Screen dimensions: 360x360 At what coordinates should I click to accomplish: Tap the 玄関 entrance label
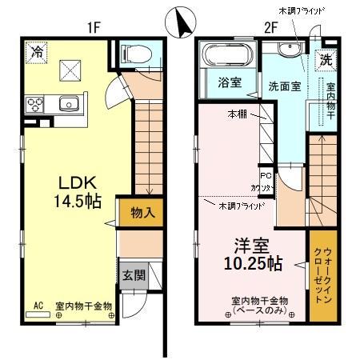(x=134, y=276)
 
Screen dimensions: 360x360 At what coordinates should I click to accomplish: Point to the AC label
(x=38, y=305)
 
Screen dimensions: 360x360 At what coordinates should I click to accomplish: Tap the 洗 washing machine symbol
(x=326, y=59)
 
